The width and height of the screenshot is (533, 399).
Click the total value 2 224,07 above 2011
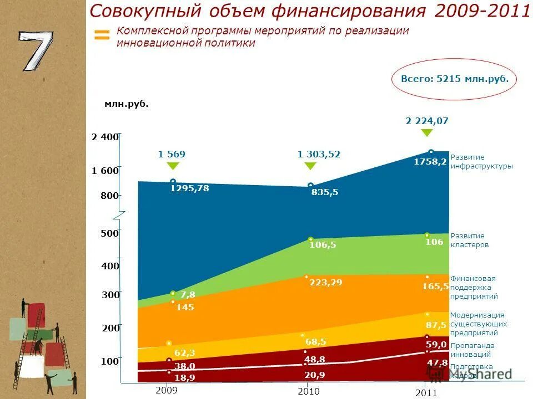[426, 121]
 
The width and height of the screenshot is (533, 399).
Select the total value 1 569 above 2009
[172, 154]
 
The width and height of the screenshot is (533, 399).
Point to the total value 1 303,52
[319, 154]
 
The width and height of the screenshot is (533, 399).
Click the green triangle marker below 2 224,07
[426, 133]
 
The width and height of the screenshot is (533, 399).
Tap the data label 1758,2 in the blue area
[430, 162]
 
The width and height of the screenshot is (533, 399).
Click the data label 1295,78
[189, 188]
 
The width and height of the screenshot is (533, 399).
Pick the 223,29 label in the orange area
[325, 283]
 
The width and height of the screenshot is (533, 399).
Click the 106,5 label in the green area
[323, 245]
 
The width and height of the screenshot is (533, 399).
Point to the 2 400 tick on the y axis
[105, 137]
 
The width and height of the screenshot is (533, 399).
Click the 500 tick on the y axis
[109, 233]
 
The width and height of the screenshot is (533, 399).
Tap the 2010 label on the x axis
[308, 391]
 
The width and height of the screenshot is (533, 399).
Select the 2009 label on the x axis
[167, 390]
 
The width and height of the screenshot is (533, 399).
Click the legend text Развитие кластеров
[469, 240]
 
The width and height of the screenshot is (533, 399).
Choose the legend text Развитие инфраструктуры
[481, 161]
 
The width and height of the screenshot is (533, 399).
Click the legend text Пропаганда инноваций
[472, 350]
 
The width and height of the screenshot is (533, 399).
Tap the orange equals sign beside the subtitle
[102, 35]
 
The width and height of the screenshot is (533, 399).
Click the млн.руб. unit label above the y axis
[127, 104]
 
